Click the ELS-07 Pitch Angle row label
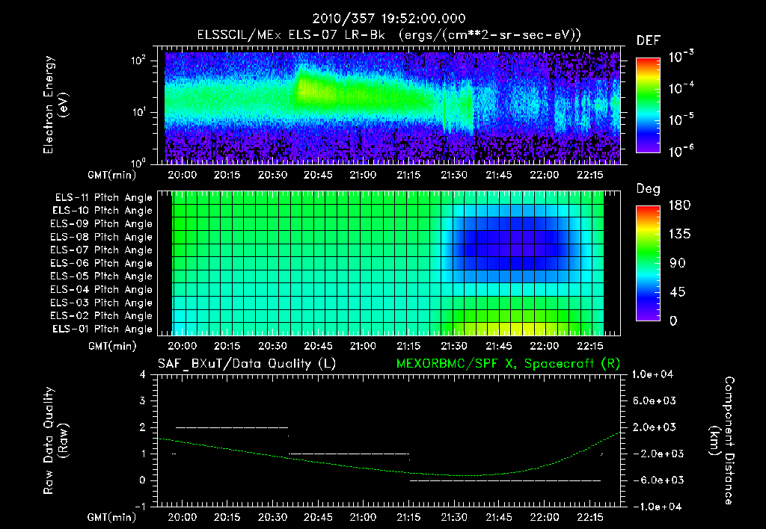pyautogui.click(x=102, y=250)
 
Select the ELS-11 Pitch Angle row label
pyautogui.click(x=102, y=198)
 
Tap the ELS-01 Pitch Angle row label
pyautogui.click(x=102, y=329)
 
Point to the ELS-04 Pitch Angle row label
pyautogui.click(x=102, y=290)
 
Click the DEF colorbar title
pyautogui.click(x=647, y=40)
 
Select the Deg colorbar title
pyautogui.click(x=647, y=188)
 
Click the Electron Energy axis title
pyautogui.click(x=55, y=106)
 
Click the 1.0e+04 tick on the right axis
pyautogui.click(x=655, y=374)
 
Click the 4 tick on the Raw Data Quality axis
pyautogui.click(x=142, y=374)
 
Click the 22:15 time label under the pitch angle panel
pyautogui.click(x=590, y=347)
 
